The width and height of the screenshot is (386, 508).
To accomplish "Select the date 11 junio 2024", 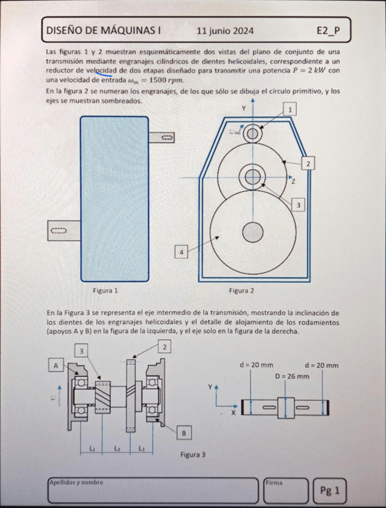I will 225,31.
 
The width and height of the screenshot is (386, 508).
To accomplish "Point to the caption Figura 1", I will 105,291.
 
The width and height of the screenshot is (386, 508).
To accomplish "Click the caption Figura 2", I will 242,291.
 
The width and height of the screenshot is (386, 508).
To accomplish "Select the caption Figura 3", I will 193,455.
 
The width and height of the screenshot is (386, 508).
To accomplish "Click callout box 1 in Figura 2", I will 290,110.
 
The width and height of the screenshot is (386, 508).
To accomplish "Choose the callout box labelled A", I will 56,365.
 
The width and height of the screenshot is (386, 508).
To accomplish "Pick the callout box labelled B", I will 184,432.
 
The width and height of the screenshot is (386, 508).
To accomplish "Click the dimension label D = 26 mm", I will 292,376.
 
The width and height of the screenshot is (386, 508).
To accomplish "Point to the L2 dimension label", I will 117,447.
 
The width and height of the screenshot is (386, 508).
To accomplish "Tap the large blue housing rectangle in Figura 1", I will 114,198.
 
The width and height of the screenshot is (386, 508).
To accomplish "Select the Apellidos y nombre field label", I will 77,481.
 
